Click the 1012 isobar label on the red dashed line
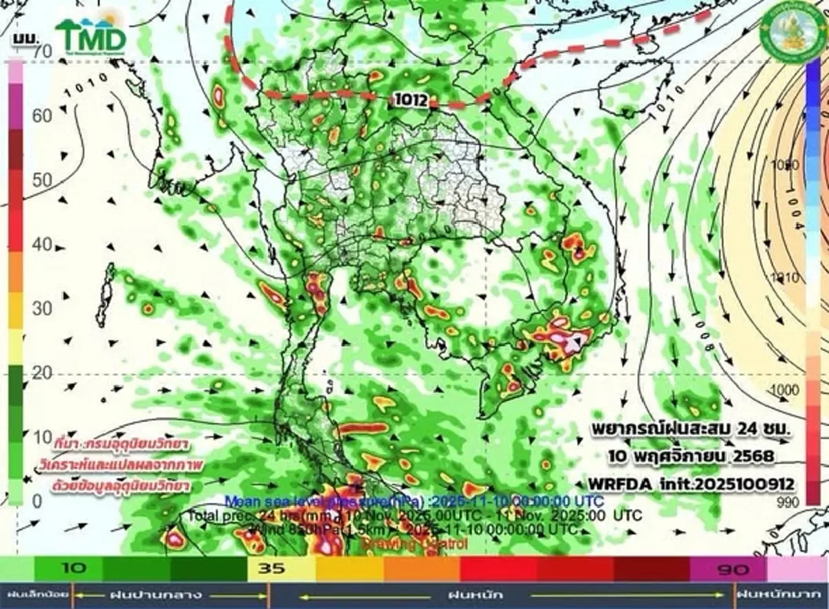coord(408,100)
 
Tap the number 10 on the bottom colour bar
coord(74,569)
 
